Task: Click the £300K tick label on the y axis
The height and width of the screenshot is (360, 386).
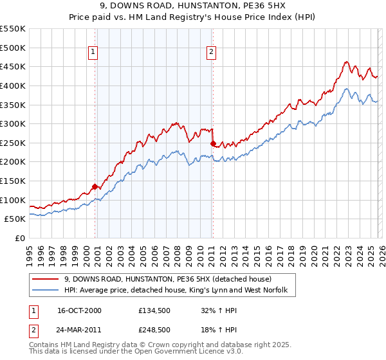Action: pos(13,123)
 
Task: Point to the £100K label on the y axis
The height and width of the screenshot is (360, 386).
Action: pos(13,200)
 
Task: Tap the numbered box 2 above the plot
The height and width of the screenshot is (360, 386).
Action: pos(212,53)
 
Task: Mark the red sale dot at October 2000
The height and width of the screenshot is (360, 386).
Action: pos(95,186)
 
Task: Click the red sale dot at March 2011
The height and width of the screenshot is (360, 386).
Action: pos(213,143)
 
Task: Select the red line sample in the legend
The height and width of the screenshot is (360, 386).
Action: pos(46,278)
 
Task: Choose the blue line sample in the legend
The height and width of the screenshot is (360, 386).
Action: pos(46,290)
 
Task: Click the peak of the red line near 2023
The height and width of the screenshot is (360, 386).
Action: pos(346,62)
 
